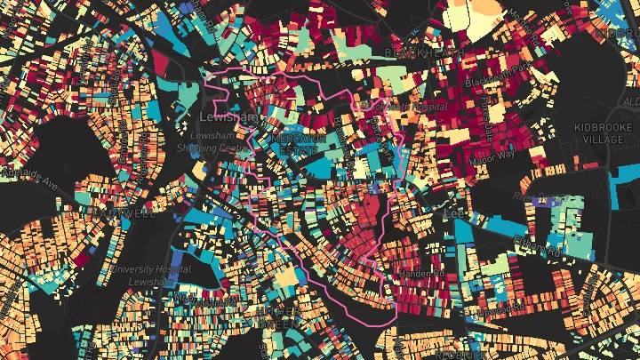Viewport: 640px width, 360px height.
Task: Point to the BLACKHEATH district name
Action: pyautogui.click(x=414, y=53)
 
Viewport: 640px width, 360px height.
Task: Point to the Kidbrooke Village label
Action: pyautogui.click(x=605, y=134)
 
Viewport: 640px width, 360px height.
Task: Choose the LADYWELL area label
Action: pyautogui.click(x=124, y=213)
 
